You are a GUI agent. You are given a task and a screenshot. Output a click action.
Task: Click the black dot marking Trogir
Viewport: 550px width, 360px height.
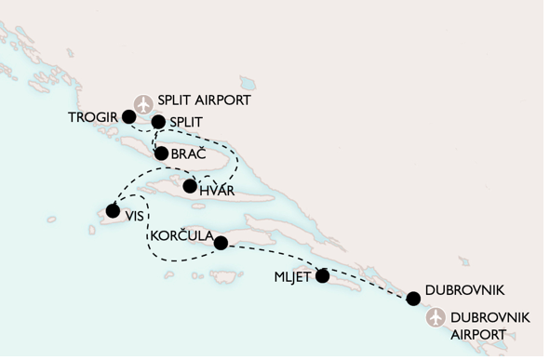click(x=128, y=117)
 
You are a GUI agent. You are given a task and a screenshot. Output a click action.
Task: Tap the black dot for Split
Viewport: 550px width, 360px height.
click(x=158, y=122)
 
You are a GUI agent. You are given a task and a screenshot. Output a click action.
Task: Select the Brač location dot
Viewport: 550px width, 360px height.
click(x=162, y=153)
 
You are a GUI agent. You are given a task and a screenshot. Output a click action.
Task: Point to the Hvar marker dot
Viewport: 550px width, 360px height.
click(x=190, y=186)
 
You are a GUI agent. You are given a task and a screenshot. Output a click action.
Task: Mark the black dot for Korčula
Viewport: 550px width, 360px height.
click(x=221, y=244)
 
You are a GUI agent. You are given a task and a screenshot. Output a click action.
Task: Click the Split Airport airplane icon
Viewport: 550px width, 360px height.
click(x=142, y=102)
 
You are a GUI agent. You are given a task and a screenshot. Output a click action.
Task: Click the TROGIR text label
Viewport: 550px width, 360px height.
click(x=94, y=117)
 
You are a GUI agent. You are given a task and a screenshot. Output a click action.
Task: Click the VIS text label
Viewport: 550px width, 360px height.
click(x=137, y=213)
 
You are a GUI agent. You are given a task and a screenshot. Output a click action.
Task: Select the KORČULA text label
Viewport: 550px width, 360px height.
click(x=181, y=235)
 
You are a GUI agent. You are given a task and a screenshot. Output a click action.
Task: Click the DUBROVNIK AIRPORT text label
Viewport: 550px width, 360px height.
click(x=489, y=325)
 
